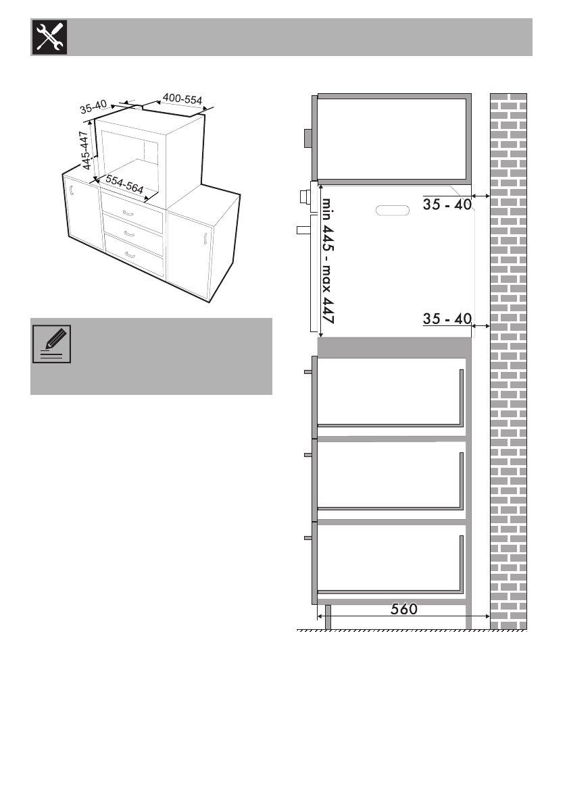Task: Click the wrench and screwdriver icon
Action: click(x=49, y=37)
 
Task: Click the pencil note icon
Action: click(x=51, y=344)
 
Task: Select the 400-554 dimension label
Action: click(x=182, y=99)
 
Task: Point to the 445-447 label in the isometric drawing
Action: click(x=85, y=151)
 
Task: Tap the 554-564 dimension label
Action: click(x=125, y=184)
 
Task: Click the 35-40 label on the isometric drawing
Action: click(x=93, y=107)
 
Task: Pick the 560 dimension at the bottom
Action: click(x=404, y=609)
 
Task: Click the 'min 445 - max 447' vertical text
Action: click(x=328, y=261)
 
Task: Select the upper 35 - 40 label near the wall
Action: click(x=447, y=204)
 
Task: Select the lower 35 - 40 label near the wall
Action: click(x=447, y=319)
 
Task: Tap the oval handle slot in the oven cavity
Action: click(x=393, y=211)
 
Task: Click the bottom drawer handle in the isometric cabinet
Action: click(x=130, y=255)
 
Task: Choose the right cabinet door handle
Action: click(x=205, y=239)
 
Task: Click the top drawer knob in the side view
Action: click(x=308, y=372)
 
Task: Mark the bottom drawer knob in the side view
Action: click(x=308, y=538)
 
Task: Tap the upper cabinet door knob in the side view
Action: click(x=308, y=138)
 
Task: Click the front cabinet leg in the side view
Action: click(x=328, y=617)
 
